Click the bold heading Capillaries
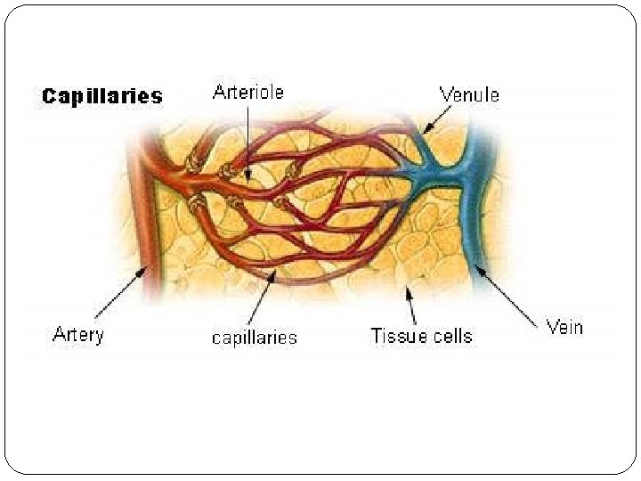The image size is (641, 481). (102, 95)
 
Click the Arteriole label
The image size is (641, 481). (248, 92)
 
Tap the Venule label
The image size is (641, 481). (469, 94)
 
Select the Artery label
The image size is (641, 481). (78, 335)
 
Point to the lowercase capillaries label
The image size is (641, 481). (254, 338)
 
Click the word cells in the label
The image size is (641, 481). (449, 336)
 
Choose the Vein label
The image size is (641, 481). (564, 327)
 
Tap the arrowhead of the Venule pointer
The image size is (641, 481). (425, 133)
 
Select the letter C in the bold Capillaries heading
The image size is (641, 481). (51, 95)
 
